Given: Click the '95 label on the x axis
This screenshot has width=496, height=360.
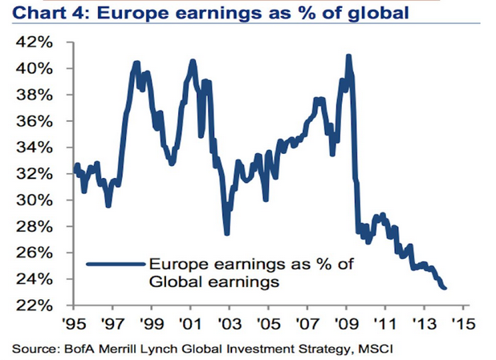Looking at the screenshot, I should click(74, 326).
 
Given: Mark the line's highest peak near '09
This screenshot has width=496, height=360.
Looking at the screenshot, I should click(348, 55).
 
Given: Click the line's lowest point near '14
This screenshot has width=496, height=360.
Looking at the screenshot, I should click(445, 289).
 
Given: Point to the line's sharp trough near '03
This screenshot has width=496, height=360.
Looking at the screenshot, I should click(227, 233).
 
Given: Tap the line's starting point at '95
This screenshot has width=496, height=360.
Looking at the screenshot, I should click(75, 169).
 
